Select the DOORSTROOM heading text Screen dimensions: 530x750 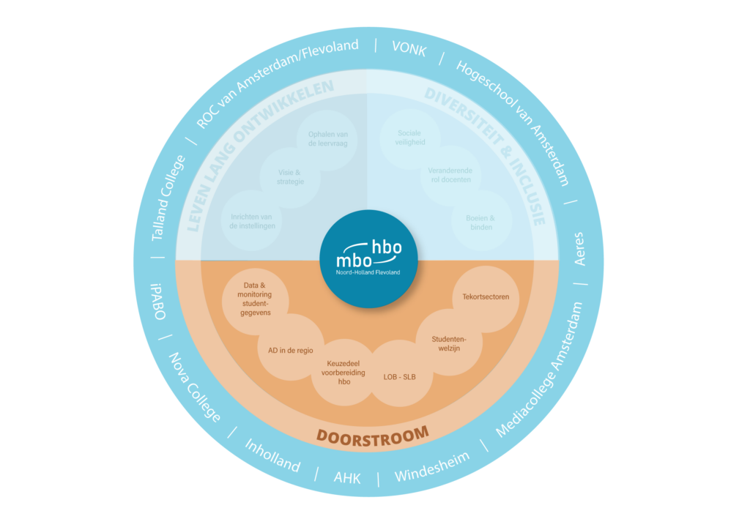point(372,435)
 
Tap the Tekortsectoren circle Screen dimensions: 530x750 point(480,297)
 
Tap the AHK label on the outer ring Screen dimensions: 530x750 point(346,477)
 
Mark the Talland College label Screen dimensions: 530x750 point(168,198)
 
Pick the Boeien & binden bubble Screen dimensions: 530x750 point(480,223)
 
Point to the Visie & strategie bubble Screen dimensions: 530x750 point(291,176)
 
